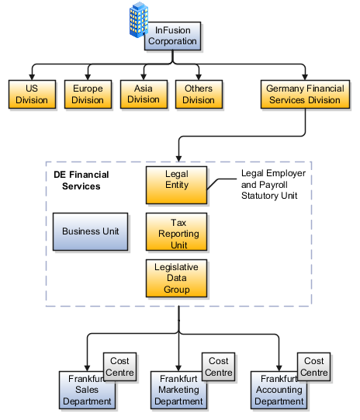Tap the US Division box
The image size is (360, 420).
pyautogui.click(x=31, y=95)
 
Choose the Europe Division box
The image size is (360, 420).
pyautogui.click(x=87, y=95)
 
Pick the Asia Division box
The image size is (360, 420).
pyautogui.click(x=143, y=94)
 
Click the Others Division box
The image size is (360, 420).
pyautogui.click(x=199, y=95)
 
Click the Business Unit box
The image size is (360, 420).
pyautogui.click(x=90, y=231)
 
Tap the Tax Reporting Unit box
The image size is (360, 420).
pyautogui.click(x=177, y=231)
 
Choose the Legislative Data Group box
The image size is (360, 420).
pyautogui.click(x=177, y=278)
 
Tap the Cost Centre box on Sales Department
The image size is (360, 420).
pyautogui.click(x=119, y=367)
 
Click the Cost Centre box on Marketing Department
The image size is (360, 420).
pyautogui.click(x=218, y=367)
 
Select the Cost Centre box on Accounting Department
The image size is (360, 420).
pyautogui.click(x=313, y=367)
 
